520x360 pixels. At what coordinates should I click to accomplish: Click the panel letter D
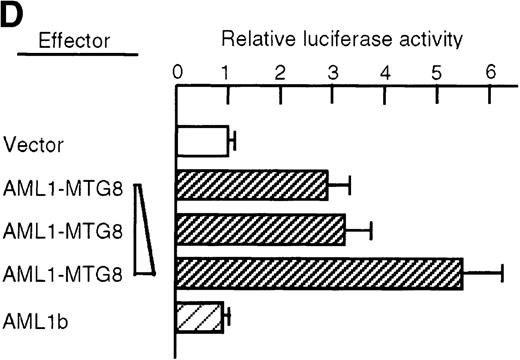click(x=14, y=15)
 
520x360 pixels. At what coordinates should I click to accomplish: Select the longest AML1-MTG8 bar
click(x=319, y=273)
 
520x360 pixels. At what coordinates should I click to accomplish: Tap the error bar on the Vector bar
click(x=232, y=140)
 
